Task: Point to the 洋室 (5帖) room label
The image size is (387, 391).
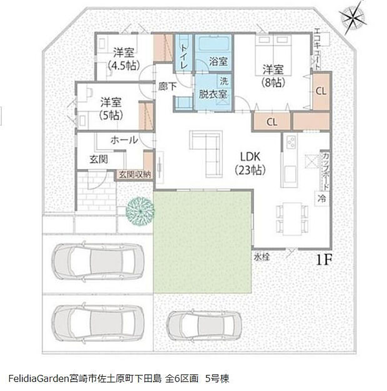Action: point(110,107)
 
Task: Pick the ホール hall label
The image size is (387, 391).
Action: point(124,140)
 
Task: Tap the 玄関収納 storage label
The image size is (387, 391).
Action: point(132,175)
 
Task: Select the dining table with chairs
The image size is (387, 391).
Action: point(289,215)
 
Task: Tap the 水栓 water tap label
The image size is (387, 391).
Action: point(262,256)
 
